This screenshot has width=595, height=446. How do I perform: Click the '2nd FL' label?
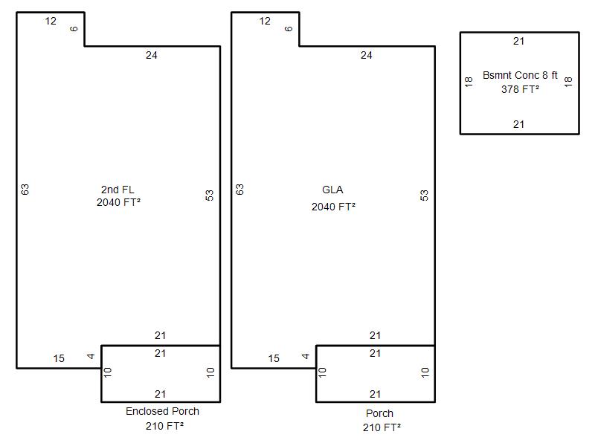pos(118,190)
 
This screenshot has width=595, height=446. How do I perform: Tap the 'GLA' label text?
pos(332,190)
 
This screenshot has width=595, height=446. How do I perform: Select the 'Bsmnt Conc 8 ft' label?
pos(520,75)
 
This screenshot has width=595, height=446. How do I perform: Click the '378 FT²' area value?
pos(520,89)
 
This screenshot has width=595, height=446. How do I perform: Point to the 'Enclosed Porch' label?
pos(162,411)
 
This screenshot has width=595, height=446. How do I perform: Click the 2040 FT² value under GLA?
pos(333,207)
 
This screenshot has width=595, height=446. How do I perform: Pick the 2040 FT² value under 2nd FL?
pos(118,202)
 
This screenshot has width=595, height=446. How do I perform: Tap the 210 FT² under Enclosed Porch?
pos(164,426)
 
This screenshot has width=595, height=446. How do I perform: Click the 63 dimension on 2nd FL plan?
pos(25,190)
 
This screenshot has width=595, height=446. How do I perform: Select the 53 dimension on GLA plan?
pos(424,195)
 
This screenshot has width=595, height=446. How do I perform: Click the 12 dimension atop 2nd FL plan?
pos(51,22)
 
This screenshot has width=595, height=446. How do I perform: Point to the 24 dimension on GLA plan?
pos(366,55)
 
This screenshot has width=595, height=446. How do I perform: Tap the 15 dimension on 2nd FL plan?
pos(59,358)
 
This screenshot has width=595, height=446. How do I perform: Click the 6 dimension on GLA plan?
pos(289,28)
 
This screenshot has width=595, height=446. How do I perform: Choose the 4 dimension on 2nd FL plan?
pos(91,356)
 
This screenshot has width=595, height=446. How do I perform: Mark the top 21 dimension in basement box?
pos(518,41)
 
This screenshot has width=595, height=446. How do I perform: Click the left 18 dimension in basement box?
pos(469,82)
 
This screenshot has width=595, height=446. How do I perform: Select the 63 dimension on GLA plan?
pos(239,190)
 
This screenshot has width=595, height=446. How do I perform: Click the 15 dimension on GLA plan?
pos(274,358)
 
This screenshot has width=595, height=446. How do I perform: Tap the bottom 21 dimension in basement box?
pos(518,124)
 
